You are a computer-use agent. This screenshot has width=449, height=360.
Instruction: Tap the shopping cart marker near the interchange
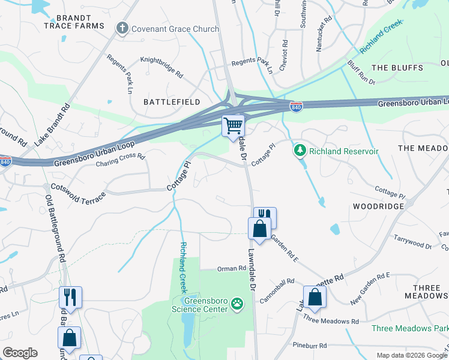pyautogui.click(x=234, y=127)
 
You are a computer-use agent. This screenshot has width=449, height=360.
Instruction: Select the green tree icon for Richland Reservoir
pyautogui.click(x=298, y=151)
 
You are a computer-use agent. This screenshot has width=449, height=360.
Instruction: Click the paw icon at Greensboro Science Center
pyautogui.click(x=238, y=304)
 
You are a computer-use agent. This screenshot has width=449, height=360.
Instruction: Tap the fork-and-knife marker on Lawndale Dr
pyautogui.click(x=265, y=217)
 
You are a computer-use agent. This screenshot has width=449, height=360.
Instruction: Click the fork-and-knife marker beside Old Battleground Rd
pyautogui.click(x=70, y=296)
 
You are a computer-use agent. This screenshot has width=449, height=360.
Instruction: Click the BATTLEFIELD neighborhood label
pyautogui.click(x=172, y=102)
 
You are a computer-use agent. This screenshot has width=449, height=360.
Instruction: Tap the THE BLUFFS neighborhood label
pyautogui.click(x=393, y=67)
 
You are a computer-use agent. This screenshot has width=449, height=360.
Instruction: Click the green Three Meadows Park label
pyautogui.click(x=409, y=328)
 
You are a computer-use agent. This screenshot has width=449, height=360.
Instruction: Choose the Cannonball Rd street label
pyautogui.click(x=277, y=281)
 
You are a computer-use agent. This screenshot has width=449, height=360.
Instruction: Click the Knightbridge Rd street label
pyautogui.click(x=161, y=68)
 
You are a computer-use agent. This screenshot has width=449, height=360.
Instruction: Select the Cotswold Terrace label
pyautogui.click(x=79, y=190)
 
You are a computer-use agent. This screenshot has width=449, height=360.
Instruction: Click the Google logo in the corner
pyautogui.click(x=20, y=353)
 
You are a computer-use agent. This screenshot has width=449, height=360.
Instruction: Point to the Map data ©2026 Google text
pyautogui.click(x=411, y=355)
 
